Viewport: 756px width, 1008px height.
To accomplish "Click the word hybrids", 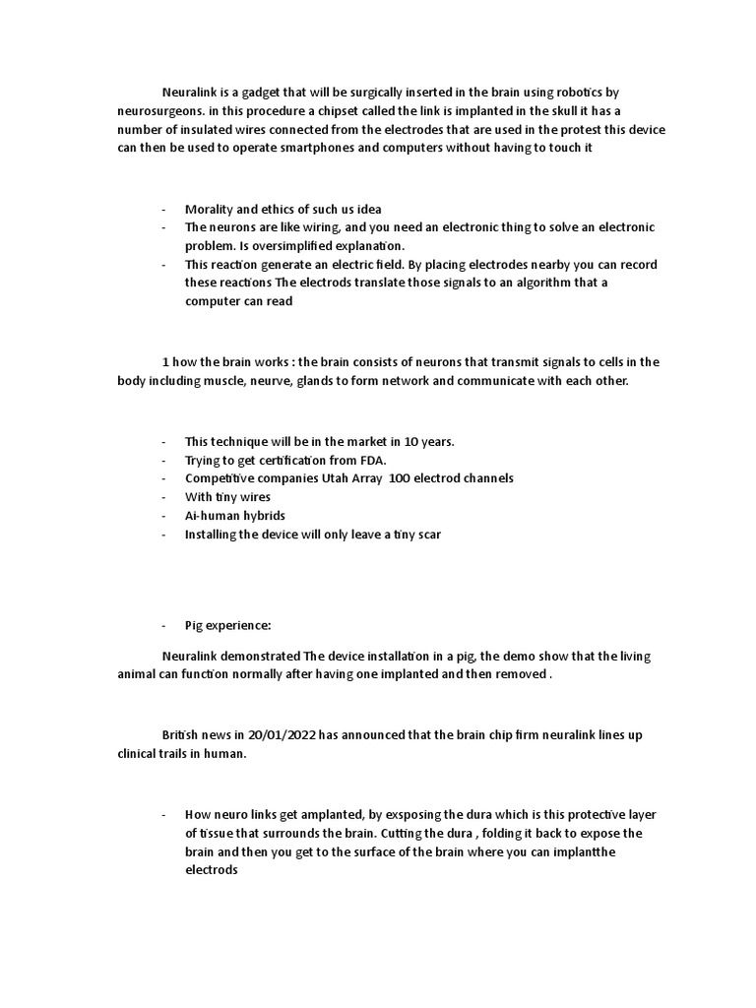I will (258, 516).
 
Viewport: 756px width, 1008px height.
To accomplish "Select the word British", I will (183, 735).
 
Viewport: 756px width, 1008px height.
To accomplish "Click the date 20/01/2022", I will (283, 735).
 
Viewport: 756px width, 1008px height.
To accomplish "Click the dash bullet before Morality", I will (163, 209).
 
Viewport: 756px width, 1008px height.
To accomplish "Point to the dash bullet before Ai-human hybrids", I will (163, 516).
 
